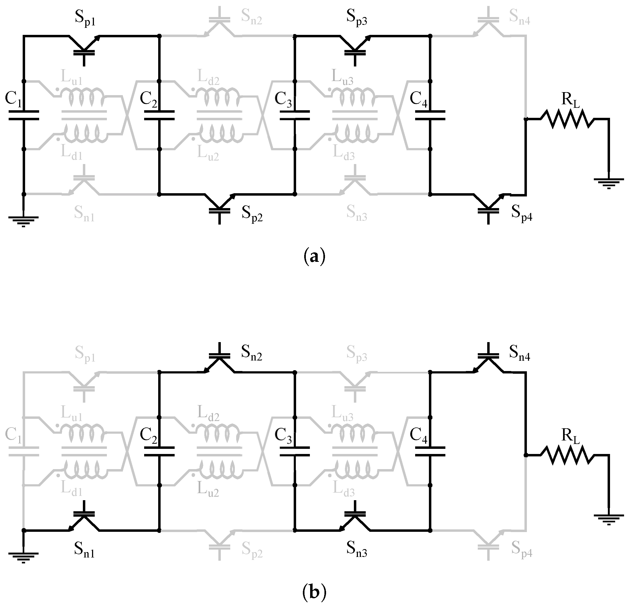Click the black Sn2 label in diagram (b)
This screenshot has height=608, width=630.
tap(252, 354)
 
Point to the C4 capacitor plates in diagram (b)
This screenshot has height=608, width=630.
tap(430, 452)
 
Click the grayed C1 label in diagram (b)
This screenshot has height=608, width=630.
tap(13, 436)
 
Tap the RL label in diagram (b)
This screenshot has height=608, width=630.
tap(571, 436)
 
